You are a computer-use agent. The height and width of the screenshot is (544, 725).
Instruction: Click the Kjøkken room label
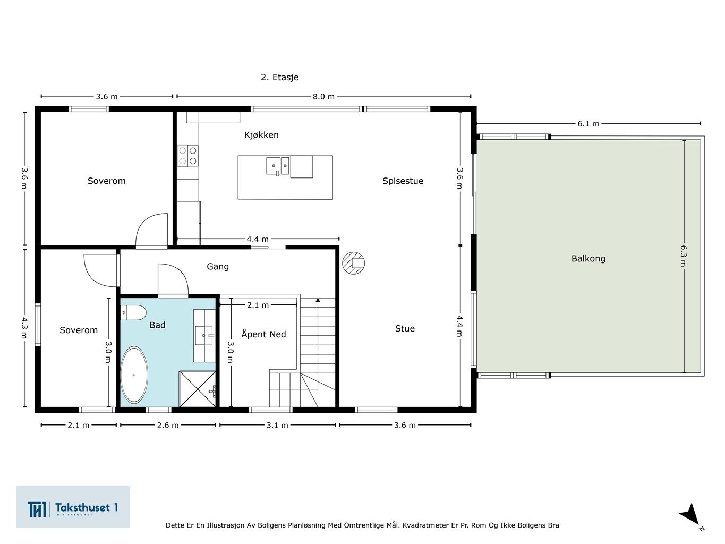pyautogui.click(x=261, y=135)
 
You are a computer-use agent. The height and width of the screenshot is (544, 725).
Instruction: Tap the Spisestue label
pyautogui.click(x=403, y=181)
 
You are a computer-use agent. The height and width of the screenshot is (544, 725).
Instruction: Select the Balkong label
pyautogui.click(x=588, y=258)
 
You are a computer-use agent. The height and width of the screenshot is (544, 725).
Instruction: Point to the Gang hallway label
pyautogui.click(x=218, y=267)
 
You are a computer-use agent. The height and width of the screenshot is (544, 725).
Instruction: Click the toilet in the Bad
pyautogui.click(x=133, y=312)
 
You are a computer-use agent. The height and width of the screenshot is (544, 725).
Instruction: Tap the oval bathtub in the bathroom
pyautogui.click(x=134, y=375)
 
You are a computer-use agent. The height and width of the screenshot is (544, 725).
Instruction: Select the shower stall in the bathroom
pyautogui.click(x=197, y=389)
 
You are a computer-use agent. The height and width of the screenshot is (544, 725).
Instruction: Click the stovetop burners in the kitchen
pyautogui.click(x=187, y=156)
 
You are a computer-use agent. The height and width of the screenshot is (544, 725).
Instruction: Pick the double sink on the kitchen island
pyautogui.click(x=278, y=166)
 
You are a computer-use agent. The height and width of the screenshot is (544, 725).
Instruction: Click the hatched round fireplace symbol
pyautogui.click(x=353, y=263)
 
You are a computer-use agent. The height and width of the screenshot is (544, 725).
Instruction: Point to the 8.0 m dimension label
pyautogui.click(x=323, y=97)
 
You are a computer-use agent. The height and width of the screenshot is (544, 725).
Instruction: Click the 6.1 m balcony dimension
pyautogui.click(x=588, y=124)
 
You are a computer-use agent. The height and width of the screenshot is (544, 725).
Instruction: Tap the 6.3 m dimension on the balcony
pyautogui.click(x=683, y=256)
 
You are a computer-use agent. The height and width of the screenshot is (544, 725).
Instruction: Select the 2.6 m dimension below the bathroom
pyautogui.click(x=168, y=425)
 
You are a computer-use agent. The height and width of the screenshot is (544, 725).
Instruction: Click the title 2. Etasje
pyautogui.click(x=280, y=77)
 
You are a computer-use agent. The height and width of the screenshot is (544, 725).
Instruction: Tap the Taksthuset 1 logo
pyautogui.click(x=73, y=507)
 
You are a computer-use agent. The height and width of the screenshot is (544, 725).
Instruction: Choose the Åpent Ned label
pyautogui.click(x=263, y=334)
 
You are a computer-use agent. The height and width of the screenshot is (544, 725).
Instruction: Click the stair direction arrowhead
pyautogui.click(x=318, y=300)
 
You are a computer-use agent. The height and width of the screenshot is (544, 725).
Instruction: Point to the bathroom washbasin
pyautogui.click(x=204, y=336)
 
